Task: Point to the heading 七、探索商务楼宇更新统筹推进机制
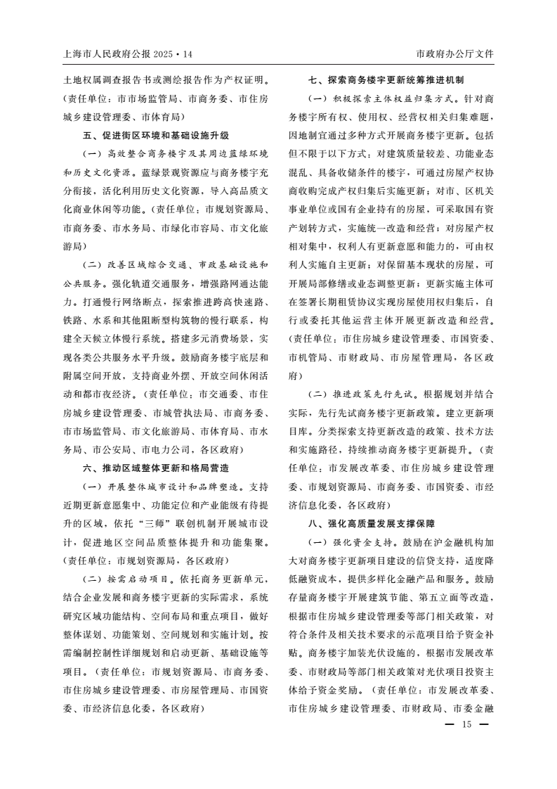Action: [392, 80]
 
